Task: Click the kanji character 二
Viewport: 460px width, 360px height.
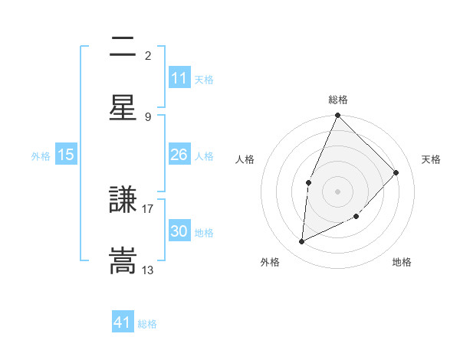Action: click(x=123, y=47)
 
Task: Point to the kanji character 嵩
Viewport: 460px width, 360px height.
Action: click(x=123, y=260)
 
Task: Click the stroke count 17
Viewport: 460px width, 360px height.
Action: click(x=148, y=207)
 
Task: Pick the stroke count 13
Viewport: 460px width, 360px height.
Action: click(x=148, y=270)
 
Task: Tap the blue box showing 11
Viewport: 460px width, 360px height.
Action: click(x=179, y=78)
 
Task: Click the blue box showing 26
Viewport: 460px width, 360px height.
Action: click(x=179, y=155)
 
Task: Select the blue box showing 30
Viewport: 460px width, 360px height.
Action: click(x=179, y=231)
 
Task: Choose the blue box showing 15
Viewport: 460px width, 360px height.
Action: click(x=66, y=155)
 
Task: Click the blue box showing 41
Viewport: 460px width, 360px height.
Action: click(x=123, y=322)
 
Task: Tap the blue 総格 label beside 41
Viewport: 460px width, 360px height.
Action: click(x=147, y=324)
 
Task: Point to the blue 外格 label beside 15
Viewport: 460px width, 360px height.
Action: click(x=41, y=155)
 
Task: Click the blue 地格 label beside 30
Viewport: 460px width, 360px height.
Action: click(x=205, y=232)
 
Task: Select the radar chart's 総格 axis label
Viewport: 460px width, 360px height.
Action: click(x=338, y=100)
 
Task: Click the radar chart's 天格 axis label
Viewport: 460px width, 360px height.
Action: click(x=432, y=159)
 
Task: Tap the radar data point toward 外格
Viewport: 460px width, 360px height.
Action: click(x=302, y=242)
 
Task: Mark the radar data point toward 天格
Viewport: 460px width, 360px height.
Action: click(x=396, y=172)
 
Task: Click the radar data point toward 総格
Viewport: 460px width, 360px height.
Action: click(x=338, y=116)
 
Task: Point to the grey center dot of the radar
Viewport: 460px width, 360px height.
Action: click(x=338, y=191)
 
